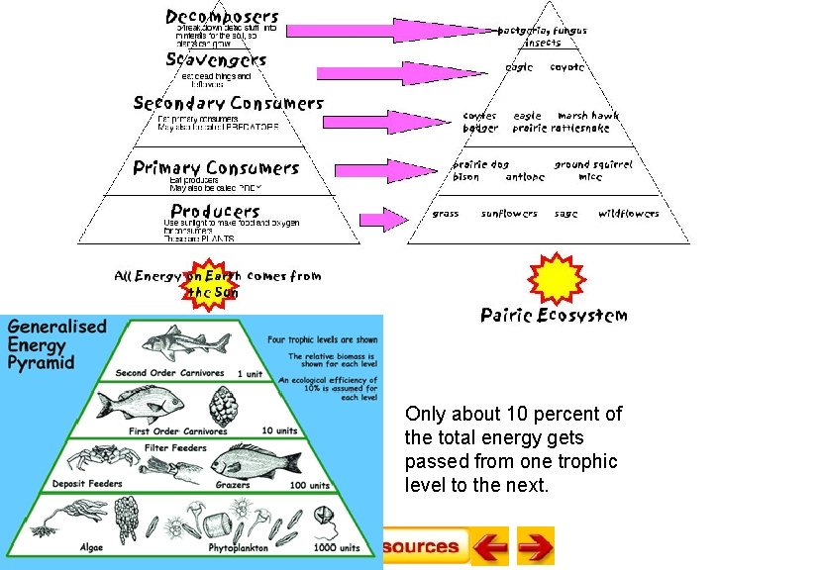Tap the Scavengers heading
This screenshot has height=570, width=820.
(x=216, y=59)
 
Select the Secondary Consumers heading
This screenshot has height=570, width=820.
(x=228, y=103)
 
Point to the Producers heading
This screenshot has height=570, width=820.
(x=215, y=211)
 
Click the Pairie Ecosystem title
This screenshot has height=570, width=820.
(x=554, y=316)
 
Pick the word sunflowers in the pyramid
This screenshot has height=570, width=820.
(x=509, y=214)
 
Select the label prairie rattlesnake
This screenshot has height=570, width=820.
(x=561, y=129)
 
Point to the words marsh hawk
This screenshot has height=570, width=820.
(x=587, y=116)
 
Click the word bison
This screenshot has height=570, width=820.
(x=465, y=178)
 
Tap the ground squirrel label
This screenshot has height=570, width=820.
(x=592, y=164)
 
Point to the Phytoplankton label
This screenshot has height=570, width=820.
(x=237, y=547)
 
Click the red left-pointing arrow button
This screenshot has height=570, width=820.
(x=488, y=546)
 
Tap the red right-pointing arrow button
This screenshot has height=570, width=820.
(x=536, y=546)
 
